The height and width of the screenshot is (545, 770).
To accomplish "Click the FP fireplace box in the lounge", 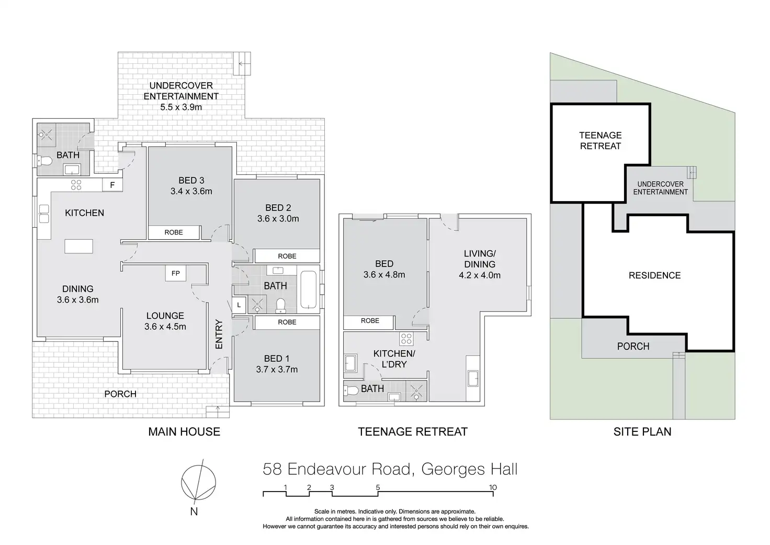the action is (175, 273).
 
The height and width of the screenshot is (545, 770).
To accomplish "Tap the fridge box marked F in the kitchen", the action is (112, 185).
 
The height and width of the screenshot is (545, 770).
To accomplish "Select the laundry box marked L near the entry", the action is (239, 305).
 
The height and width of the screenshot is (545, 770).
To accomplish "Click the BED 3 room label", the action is (191, 180).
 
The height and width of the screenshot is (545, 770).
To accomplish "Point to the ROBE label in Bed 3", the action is (174, 232).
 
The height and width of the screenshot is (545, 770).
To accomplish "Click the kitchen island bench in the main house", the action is (78, 247).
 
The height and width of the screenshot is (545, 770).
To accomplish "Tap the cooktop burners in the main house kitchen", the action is (76, 185).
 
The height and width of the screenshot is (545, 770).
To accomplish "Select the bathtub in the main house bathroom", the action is (308, 290).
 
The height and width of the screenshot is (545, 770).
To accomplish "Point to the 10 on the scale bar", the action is (493, 487).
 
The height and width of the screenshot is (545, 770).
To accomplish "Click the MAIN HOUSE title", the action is (184, 431).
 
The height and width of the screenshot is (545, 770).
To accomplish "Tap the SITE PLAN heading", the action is (642, 431).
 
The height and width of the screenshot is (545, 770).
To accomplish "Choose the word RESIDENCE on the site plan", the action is (655, 275).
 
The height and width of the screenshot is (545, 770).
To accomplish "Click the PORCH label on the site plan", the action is (633, 346).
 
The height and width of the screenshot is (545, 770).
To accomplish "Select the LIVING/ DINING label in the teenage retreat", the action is (480, 259).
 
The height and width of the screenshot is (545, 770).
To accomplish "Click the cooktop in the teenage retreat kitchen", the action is (406, 339).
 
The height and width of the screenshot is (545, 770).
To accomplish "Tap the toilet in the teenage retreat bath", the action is (351, 391).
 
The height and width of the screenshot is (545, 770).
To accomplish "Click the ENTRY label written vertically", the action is (219, 334).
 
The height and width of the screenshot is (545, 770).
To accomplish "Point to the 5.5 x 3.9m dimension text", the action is (181, 107).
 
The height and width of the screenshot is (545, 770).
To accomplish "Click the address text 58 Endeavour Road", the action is (337, 469).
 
